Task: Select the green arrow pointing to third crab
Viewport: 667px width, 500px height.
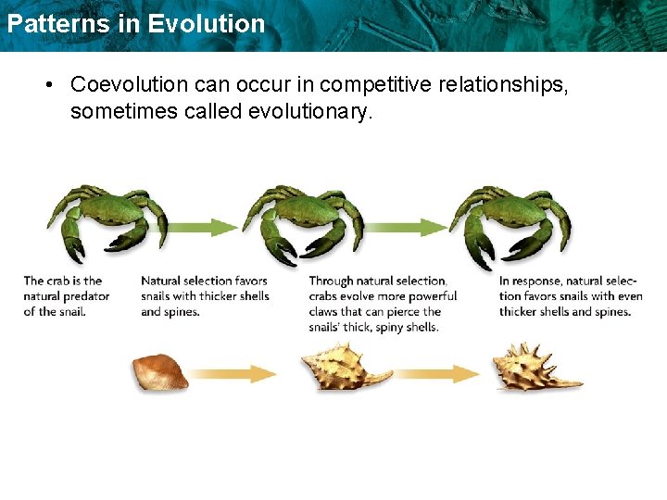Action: click(x=406, y=227)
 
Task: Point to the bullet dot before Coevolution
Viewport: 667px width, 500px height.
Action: click(x=46, y=84)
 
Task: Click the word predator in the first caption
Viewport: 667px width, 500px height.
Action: click(x=86, y=296)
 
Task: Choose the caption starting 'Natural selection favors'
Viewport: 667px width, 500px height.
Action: click(x=205, y=296)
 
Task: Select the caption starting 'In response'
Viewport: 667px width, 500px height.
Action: click(x=570, y=296)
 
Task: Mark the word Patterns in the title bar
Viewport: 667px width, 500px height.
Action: click(x=54, y=23)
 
